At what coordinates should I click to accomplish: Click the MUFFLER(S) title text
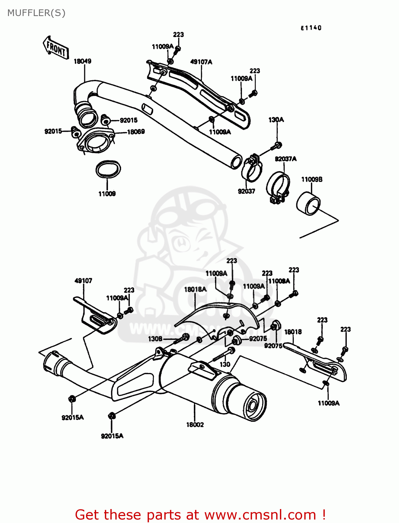pyautogui.click(x=36, y=13)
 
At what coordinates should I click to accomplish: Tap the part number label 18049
pyautogui.click(x=83, y=61)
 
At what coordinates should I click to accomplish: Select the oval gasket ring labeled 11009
pyautogui.click(x=108, y=169)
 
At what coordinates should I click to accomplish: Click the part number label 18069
pyautogui.click(x=136, y=132)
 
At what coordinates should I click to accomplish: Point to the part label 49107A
pyautogui.click(x=201, y=62)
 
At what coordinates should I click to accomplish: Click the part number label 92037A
pyautogui.click(x=285, y=159)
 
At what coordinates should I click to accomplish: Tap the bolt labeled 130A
pyautogui.click(x=278, y=145)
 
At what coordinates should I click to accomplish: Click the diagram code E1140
pyautogui.click(x=311, y=28)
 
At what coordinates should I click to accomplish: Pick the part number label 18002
pyautogui.click(x=195, y=425)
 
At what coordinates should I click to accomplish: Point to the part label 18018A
pyautogui.click(x=195, y=289)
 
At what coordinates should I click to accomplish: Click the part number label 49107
pyautogui.click(x=83, y=281)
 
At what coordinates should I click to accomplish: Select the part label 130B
pyautogui.click(x=155, y=339)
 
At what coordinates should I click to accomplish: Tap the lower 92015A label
pyautogui.click(x=112, y=436)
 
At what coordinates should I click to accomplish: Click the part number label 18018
pyautogui.click(x=293, y=332)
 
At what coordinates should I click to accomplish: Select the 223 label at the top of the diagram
pyautogui.click(x=178, y=35)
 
